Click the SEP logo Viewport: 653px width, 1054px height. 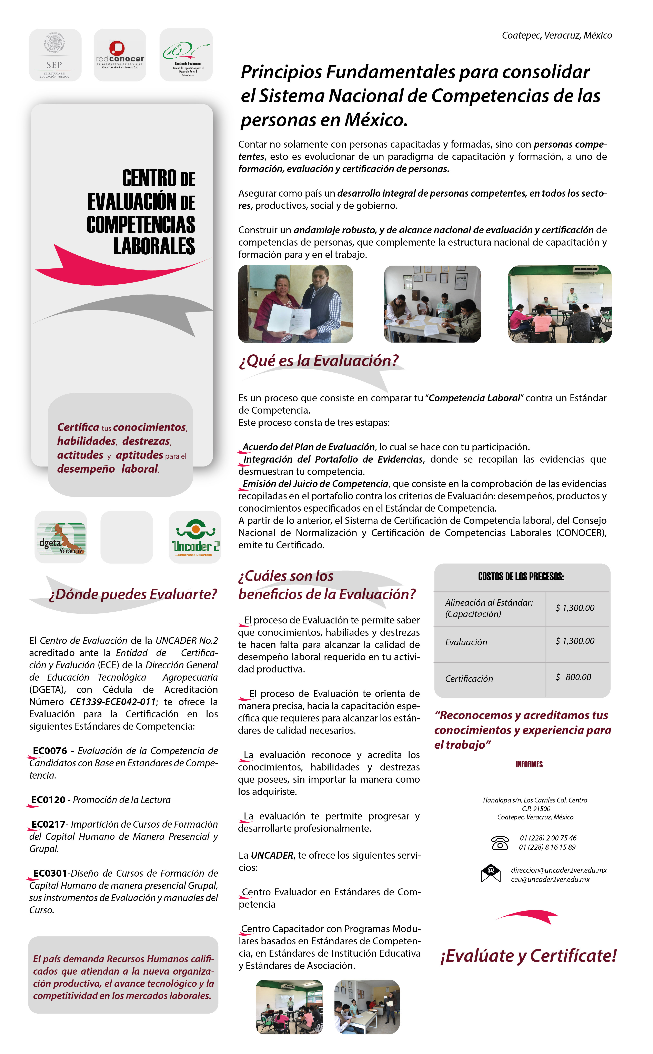pyautogui.click(x=55, y=55)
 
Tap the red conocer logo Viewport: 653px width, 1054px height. pyautogui.click(x=120, y=55)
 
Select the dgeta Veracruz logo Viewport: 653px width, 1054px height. pyautogui.click(x=61, y=538)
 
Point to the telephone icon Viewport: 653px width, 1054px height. pyautogui.click(x=500, y=842)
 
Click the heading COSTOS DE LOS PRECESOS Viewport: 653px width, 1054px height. pyautogui.click(x=521, y=577)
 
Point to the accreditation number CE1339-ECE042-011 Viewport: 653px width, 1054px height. pyautogui.click(x=113, y=701)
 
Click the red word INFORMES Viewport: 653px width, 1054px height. pyautogui.click(x=529, y=764)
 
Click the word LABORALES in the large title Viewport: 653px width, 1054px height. pyautogui.click(x=154, y=246)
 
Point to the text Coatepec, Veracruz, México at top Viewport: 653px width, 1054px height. pyautogui.click(x=557, y=36)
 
